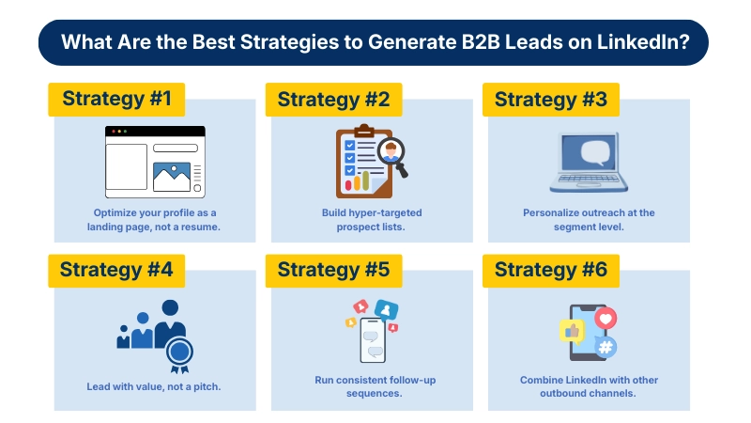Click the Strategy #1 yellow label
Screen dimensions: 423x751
click(116, 99)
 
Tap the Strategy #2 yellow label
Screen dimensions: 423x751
click(333, 99)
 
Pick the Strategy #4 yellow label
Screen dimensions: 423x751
click(116, 270)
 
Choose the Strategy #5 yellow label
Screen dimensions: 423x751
click(333, 270)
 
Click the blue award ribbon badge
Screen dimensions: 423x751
click(177, 352)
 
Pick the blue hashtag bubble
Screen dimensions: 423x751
click(606, 347)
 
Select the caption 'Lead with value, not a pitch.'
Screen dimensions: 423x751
click(154, 385)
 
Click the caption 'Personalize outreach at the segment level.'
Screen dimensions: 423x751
click(589, 220)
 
